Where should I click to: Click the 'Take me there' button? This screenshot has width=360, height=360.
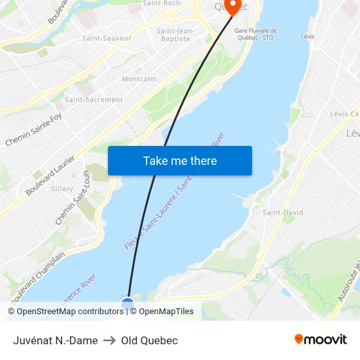tap(180, 160)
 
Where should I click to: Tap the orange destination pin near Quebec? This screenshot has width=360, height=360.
tap(232, 7)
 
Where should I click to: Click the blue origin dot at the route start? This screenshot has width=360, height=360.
tap(128, 304)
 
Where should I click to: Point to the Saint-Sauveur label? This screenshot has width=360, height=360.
tap(107, 38)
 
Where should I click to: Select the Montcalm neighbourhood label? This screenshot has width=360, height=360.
tap(139, 79)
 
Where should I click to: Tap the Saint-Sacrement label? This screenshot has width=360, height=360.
tap(94, 100)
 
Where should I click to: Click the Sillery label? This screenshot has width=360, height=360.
tap(62, 189)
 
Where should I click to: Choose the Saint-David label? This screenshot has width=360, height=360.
tap(283, 213)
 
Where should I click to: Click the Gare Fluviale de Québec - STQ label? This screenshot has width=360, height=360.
tap(256, 34)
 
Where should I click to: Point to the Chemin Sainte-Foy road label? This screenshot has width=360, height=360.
tap(33, 130)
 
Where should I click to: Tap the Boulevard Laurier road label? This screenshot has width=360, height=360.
tap(50, 175)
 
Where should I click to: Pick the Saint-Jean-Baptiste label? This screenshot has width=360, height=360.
tap(175, 35)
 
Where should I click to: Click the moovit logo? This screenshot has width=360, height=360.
tap(321, 340)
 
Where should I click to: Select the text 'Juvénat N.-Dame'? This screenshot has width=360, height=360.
tap(56, 340)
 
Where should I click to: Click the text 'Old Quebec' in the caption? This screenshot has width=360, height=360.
tap(149, 340)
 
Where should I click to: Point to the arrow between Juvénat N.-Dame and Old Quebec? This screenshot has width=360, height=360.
tap(109, 340)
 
